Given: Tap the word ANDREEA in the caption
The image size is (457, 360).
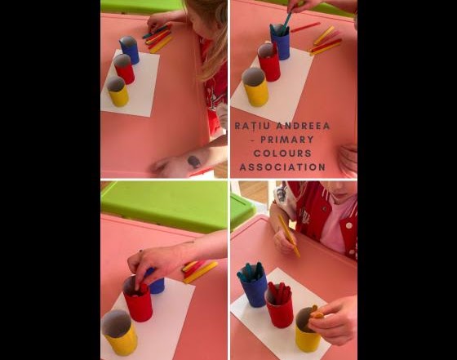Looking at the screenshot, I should pyautogui.click(x=304, y=126).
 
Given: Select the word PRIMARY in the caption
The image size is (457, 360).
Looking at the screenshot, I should pyautogui.click(x=286, y=140).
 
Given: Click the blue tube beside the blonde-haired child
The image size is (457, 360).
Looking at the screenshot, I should pyautogui.click(x=130, y=51).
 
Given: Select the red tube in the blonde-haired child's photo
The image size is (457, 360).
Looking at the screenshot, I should pyautogui.click(x=124, y=70).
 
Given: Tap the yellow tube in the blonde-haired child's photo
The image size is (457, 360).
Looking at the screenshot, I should pyautogui.click(x=118, y=92).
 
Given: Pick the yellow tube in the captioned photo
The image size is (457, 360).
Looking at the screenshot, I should pyautogui.click(x=255, y=88).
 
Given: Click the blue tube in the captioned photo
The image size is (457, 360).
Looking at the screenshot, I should pyautogui.click(x=281, y=44).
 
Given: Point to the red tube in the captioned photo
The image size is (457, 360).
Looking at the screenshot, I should pyautogui.click(x=268, y=62).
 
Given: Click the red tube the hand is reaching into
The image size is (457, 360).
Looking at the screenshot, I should pyautogui.click(x=137, y=302).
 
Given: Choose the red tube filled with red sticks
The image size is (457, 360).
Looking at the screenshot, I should pyautogui.click(x=279, y=306).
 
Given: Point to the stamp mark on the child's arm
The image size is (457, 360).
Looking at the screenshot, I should pyautogui.click(x=193, y=162).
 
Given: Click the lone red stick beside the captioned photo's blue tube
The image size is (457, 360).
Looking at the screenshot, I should pyautogui.click(x=304, y=28).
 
